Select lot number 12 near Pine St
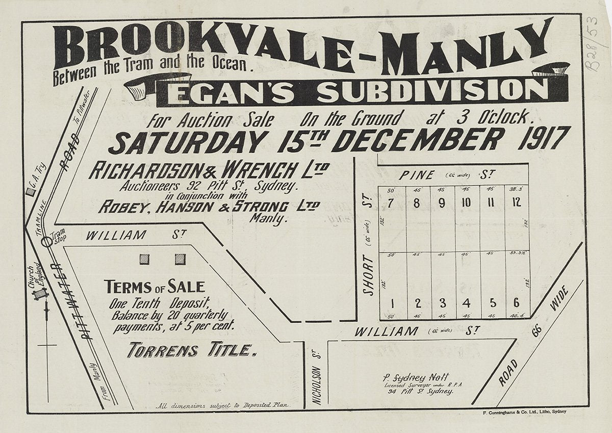517,202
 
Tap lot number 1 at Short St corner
392,303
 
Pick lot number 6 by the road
517,302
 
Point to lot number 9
442,202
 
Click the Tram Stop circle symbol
47,241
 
